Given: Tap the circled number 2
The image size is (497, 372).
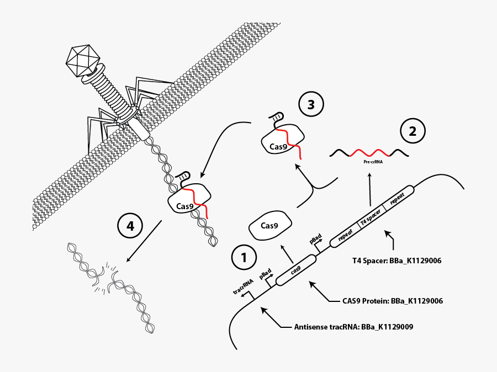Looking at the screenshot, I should (412, 131).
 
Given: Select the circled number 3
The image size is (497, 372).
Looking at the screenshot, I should (311, 104).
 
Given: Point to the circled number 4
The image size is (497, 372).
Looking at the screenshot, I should (130, 226).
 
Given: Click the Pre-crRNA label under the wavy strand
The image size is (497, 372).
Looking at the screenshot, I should (373, 162).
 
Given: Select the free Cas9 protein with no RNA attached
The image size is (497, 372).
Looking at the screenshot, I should (270, 225).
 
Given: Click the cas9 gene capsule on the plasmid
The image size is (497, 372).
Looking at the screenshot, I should (295, 270).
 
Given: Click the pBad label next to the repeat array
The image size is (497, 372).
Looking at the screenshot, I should (315, 238).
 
